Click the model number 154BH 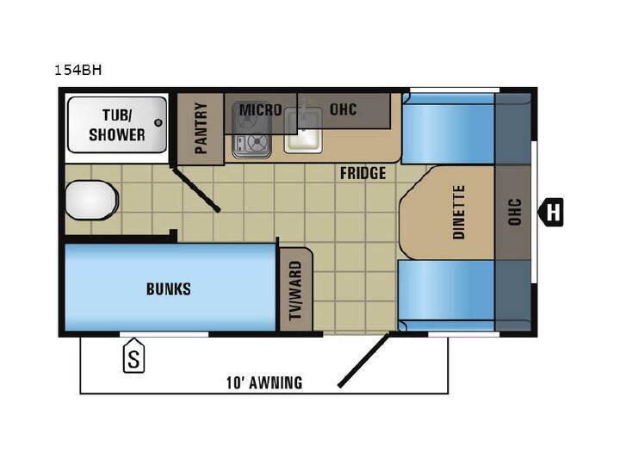77,70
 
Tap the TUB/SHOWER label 117,125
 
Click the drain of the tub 158,122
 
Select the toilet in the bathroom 91,200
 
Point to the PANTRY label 201,128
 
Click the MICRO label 261,110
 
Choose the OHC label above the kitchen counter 344,109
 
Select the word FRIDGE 363,173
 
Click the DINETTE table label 459,213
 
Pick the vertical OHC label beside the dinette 514,213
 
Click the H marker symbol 551,213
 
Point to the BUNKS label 169,289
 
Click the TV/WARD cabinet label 295,290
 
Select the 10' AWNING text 264,382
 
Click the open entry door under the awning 363,360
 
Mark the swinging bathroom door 195,189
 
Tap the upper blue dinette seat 448,129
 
